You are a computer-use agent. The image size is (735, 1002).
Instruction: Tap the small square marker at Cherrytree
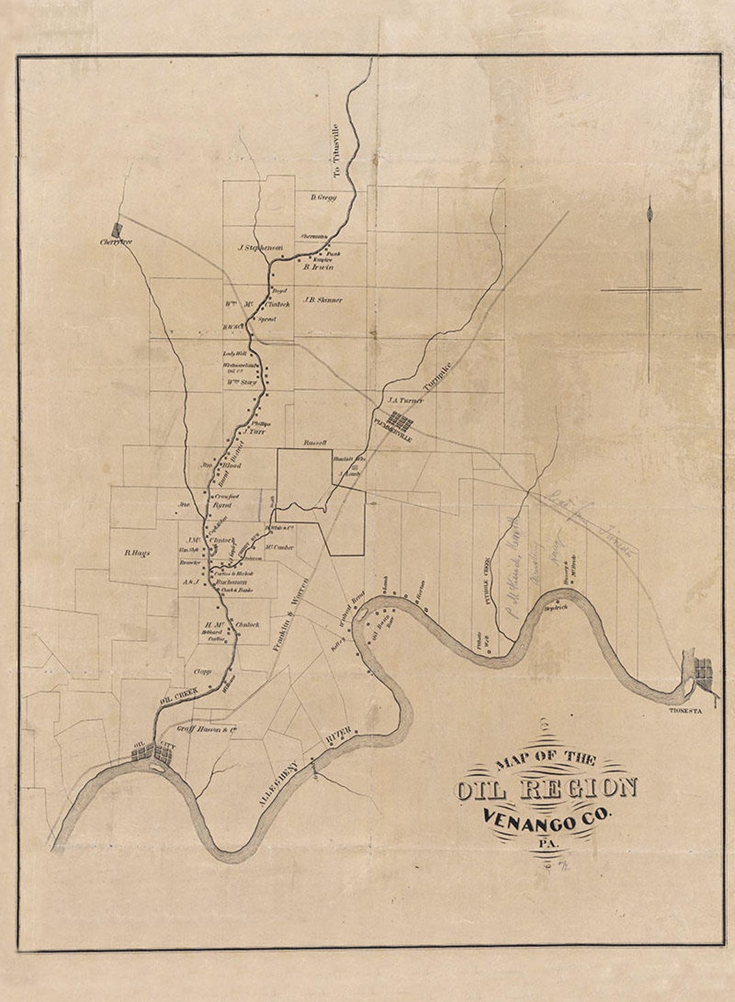click(117, 230)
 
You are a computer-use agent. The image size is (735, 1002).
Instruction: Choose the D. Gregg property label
click(323, 197)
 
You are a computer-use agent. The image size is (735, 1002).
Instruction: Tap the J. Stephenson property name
click(260, 248)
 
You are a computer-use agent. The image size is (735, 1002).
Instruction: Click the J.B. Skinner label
click(323, 300)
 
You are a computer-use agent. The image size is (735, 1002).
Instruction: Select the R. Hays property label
click(137, 553)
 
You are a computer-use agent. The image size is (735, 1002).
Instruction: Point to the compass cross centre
click(650, 290)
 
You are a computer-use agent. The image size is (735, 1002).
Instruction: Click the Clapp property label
click(203, 671)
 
